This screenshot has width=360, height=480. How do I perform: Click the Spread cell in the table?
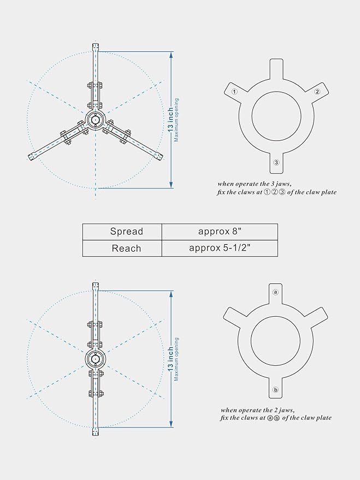pyautogui.click(x=126, y=232)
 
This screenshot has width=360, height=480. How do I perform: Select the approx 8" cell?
pyautogui.click(x=219, y=231)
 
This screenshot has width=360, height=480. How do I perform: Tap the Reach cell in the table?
pyautogui.click(x=126, y=248)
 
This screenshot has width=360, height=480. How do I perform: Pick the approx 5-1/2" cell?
pyautogui.click(x=219, y=248)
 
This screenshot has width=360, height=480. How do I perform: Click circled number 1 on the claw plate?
pyautogui.click(x=234, y=92)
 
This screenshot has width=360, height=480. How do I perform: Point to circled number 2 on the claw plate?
pyautogui.click(x=317, y=92)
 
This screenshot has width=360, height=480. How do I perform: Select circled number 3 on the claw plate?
pyautogui.click(x=277, y=163)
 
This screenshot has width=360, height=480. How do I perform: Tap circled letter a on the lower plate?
pyautogui.click(x=276, y=292)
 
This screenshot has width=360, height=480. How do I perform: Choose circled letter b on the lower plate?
pyautogui.click(x=276, y=389)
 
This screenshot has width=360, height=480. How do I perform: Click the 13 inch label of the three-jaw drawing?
pyautogui.click(x=171, y=120)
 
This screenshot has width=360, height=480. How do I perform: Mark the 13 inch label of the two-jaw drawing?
pyautogui.click(x=171, y=359)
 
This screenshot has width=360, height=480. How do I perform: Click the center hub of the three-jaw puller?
pyautogui.click(x=96, y=120)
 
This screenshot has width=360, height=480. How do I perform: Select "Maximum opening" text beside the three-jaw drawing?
pyautogui.click(x=176, y=120)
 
